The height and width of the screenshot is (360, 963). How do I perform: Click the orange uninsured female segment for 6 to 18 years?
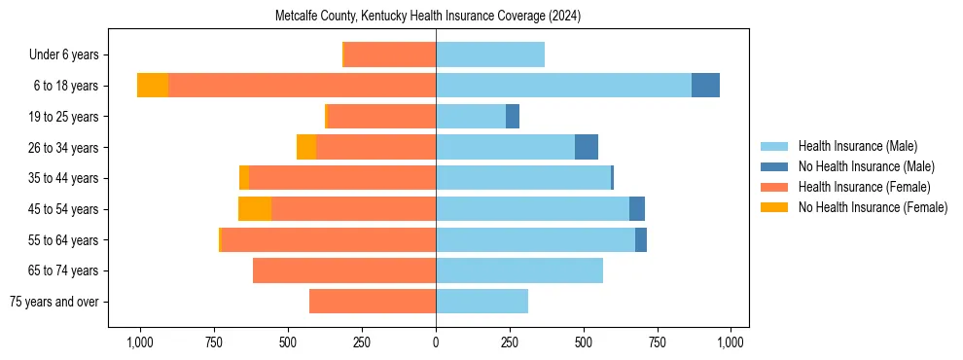pos(153,86)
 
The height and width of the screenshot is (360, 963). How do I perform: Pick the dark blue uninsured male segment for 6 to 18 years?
pos(705,86)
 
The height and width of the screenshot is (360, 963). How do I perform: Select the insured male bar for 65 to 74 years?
pos(519,270)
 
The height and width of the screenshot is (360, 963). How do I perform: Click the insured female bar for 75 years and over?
pos(373,302)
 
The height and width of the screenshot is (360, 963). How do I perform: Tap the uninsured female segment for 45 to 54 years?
pos(255,209)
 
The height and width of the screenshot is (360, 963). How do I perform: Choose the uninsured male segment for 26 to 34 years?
pos(587,147)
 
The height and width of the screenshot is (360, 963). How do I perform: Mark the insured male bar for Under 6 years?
pos(490,55)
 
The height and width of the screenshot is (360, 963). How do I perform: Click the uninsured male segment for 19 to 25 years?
pos(513,117)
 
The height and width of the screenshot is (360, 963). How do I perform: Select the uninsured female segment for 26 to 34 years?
pos(306,147)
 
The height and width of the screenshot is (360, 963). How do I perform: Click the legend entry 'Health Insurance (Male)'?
pos(857,146)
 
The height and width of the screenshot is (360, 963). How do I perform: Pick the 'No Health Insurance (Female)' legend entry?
pos(873,207)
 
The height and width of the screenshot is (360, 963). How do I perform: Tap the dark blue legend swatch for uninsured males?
pos(774,166)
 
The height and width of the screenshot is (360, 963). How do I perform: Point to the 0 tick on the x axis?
pos(436,342)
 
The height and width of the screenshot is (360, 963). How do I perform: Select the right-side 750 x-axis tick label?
pos(658,342)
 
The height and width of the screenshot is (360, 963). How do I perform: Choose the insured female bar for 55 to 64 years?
pos(572,239)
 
